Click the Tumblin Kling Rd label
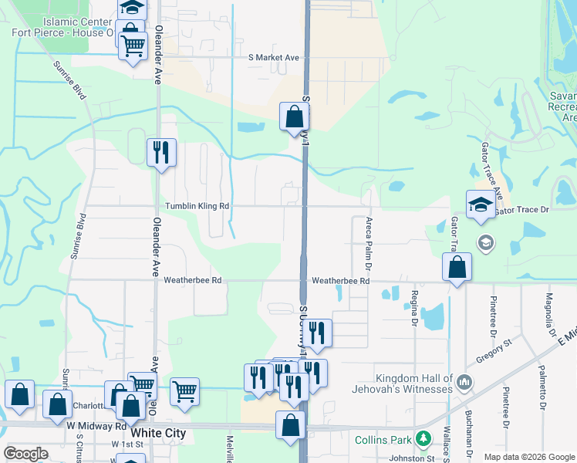[x=197, y=207]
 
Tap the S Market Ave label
[x=272, y=58]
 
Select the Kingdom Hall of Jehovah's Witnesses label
[x=413, y=384]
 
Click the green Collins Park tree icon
[x=422, y=439]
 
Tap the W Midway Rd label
[x=96, y=426]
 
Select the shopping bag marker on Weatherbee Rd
[x=457, y=267]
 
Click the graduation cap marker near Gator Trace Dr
[x=481, y=204]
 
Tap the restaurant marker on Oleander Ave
[x=161, y=152]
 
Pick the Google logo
[x=25, y=454]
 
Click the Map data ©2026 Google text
[x=529, y=457]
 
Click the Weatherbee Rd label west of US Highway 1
[x=192, y=281]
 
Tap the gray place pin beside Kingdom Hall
[x=464, y=381]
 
